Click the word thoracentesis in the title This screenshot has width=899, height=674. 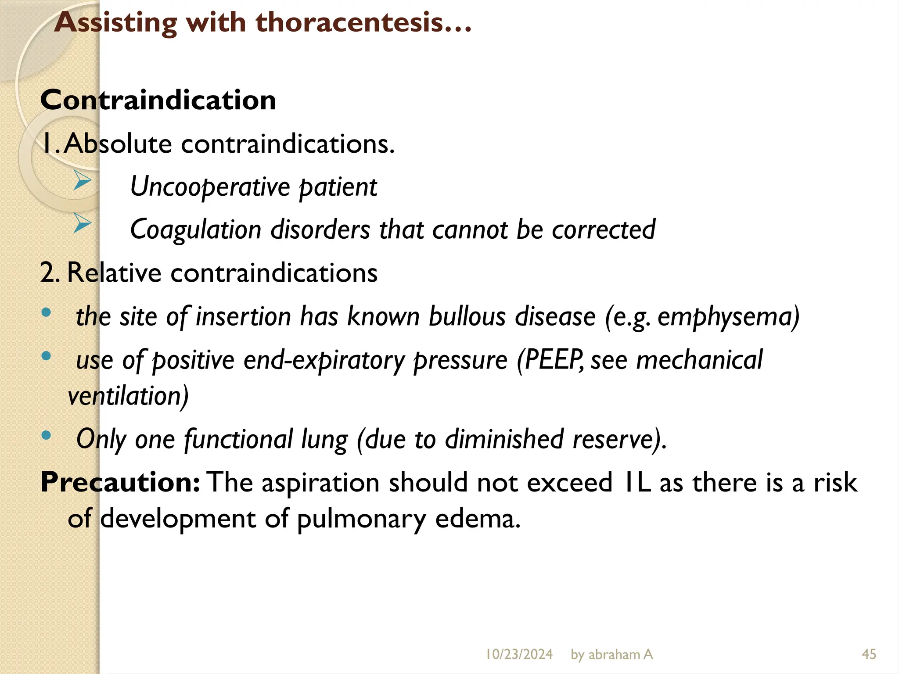click(349, 22)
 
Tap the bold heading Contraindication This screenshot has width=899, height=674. click(158, 100)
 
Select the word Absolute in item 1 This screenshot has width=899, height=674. click(118, 143)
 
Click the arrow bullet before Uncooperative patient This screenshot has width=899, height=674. click(82, 180)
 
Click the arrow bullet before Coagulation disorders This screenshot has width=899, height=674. click(82, 223)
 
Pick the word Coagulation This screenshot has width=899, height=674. click(196, 230)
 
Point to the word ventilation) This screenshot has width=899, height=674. click(128, 396)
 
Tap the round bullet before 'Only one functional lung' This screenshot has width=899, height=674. click(46, 435)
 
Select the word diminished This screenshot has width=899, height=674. click(504, 439)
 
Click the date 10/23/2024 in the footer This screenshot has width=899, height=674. click(519, 654)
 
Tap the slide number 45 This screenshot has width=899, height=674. click(869, 654)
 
